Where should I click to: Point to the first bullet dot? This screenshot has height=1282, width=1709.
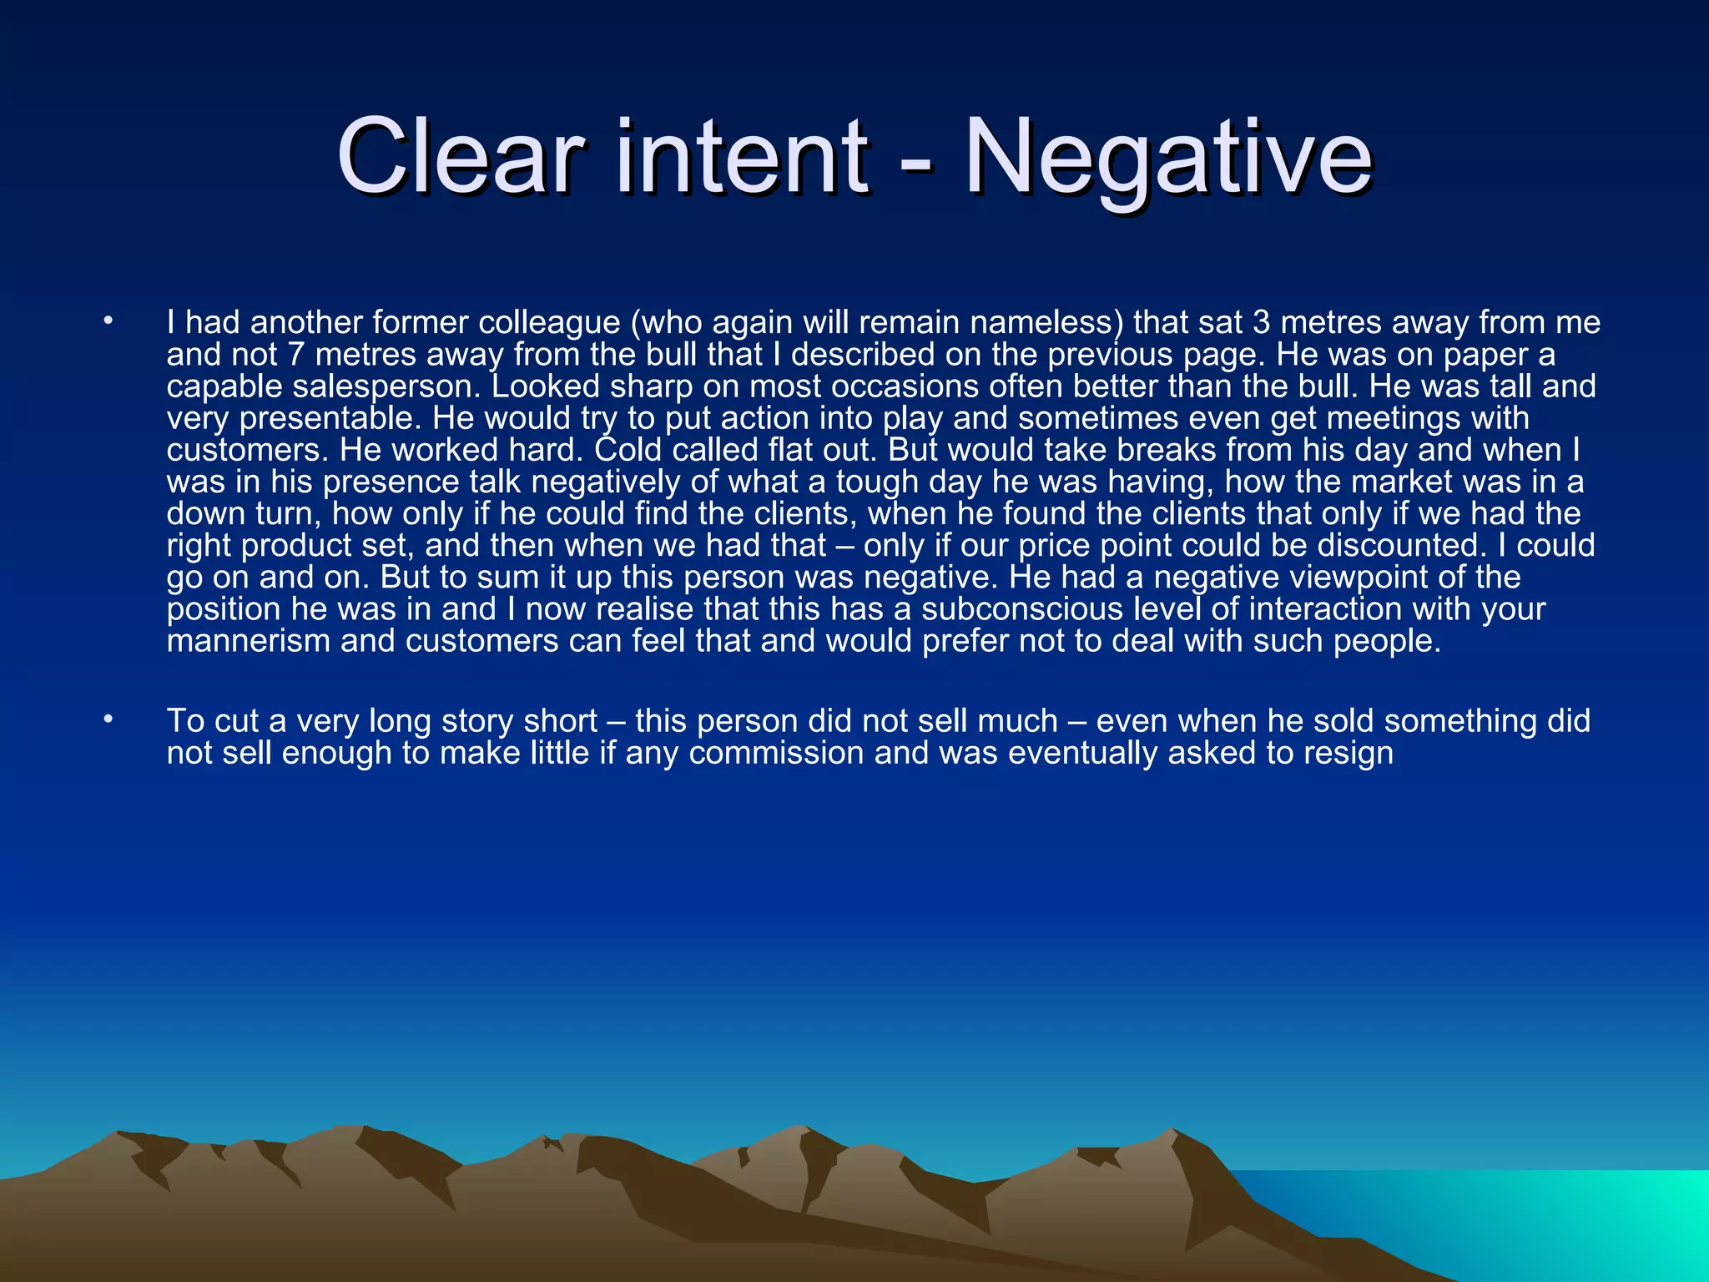[x=107, y=320]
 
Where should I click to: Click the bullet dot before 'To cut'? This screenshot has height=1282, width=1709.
[x=107, y=719]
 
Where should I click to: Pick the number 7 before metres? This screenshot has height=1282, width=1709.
[x=296, y=355]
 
